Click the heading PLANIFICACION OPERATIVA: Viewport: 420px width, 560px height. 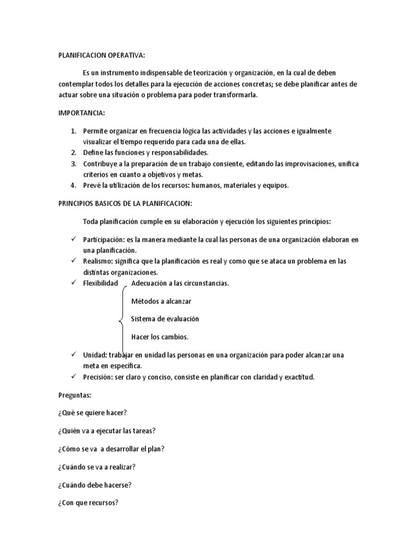pyautogui.click(x=102, y=55)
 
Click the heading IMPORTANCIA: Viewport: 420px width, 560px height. pyautogui.click(x=81, y=113)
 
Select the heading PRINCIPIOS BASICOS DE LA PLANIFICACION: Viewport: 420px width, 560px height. pyautogui.click(x=125, y=203)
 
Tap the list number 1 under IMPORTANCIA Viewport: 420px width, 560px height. pyautogui.click(x=74, y=131)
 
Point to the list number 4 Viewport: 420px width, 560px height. pyautogui.click(x=74, y=185)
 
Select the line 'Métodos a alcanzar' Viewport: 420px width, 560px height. pyautogui.click(x=162, y=301)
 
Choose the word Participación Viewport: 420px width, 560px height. pyautogui.click(x=102, y=240)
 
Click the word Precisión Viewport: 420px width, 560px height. pyautogui.click(x=98, y=377)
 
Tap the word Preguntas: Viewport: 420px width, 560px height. pyautogui.click(x=74, y=394)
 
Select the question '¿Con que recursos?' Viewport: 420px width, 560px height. pyautogui.click(x=88, y=503)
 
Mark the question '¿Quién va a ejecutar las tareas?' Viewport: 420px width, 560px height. pyautogui.click(x=109, y=430)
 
